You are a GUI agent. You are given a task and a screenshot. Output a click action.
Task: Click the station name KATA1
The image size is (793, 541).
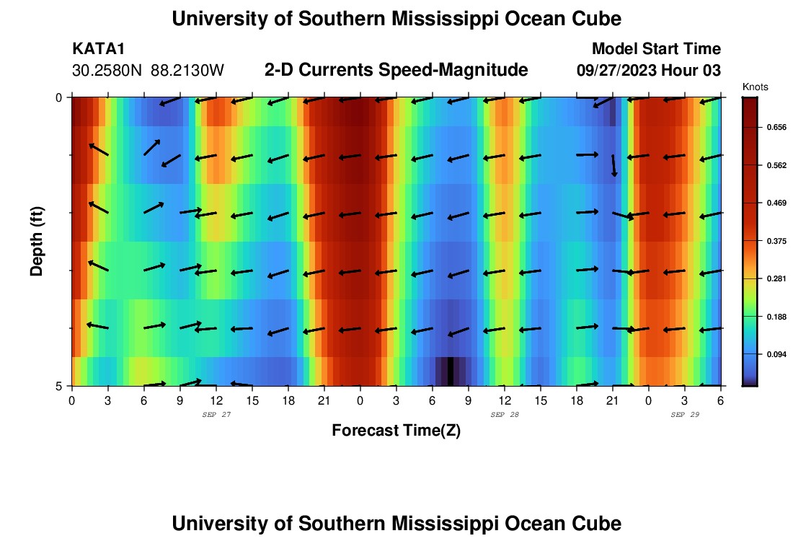click(x=99, y=49)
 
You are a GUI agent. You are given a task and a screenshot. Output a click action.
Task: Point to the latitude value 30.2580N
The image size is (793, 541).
click(x=108, y=71)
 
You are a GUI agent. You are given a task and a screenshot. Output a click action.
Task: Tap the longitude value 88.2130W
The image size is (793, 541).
click(x=187, y=71)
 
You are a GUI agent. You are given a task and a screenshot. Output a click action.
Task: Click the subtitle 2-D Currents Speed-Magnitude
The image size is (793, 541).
click(x=396, y=70)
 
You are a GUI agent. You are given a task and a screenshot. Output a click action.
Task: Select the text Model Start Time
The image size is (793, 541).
click(x=656, y=49)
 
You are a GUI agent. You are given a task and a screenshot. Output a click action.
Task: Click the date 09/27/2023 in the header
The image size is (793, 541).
click(x=618, y=71)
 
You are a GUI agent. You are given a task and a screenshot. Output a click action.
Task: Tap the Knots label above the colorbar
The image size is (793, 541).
click(x=756, y=87)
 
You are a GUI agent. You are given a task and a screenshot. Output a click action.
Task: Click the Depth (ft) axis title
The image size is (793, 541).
click(x=37, y=242)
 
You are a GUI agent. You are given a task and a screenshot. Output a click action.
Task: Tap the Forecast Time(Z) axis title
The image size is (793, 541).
click(x=396, y=431)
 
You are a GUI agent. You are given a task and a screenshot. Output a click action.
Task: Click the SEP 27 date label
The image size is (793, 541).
click(x=216, y=415)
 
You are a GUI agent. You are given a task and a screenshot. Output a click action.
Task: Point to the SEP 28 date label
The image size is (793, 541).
click(x=505, y=415)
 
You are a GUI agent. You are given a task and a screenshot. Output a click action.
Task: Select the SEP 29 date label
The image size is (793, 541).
click(x=685, y=415)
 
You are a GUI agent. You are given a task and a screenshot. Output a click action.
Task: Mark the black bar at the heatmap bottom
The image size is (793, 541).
click(x=451, y=371)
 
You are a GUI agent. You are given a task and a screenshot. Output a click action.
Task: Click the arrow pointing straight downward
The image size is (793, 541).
click(x=613, y=165)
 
